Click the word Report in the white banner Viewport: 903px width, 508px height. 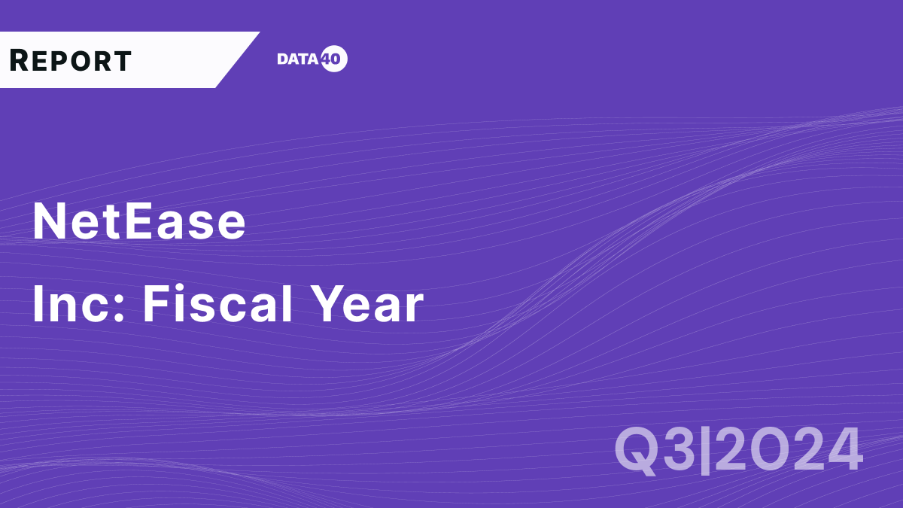[x=71, y=60]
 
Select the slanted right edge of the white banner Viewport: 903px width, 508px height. [x=238, y=60]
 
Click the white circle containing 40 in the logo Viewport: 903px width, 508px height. [x=334, y=59]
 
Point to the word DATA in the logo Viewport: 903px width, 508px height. [x=298, y=59]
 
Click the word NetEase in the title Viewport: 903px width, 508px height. [x=139, y=222]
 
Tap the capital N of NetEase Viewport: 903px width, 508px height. [x=49, y=222]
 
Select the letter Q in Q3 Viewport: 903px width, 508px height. [x=637, y=450]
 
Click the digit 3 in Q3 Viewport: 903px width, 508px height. [x=680, y=450]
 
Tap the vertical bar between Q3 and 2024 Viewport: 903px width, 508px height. [x=706, y=450]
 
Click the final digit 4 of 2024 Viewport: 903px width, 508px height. [x=842, y=450]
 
